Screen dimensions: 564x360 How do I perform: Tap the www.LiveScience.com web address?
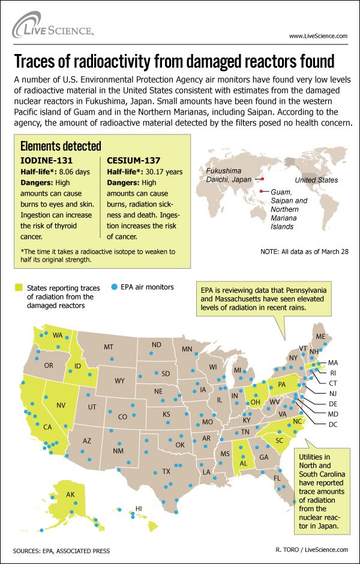click(x=318, y=36)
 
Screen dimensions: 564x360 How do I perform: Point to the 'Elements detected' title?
click(x=61, y=146)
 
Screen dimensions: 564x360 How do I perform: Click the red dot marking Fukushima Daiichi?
click(x=262, y=178)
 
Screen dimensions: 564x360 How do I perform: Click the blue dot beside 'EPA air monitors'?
click(x=113, y=287)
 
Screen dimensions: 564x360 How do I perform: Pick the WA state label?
click(x=58, y=335)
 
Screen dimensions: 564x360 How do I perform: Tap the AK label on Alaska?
click(x=70, y=495)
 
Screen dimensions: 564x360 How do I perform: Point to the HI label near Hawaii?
click(x=138, y=508)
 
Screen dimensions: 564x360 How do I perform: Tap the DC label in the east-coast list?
click(x=333, y=424)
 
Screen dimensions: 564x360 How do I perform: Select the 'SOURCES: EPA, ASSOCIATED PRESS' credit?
click(x=61, y=550)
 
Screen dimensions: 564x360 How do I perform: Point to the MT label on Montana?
click(x=109, y=347)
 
